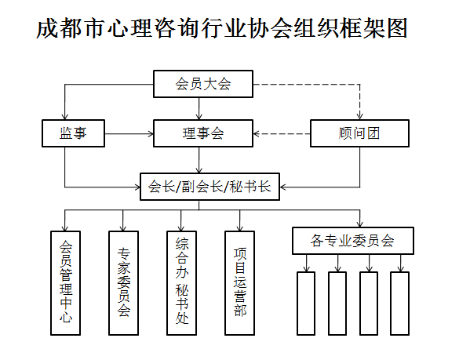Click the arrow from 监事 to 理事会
(x=129, y=134)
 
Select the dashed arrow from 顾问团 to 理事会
(x=282, y=134)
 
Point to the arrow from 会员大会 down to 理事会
(x=199, y=108)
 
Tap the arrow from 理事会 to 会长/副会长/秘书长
(x=199, y=160)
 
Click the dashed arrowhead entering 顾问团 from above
(x=360, y=116)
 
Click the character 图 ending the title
(x=398, y=28)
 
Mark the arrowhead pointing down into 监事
(x=64, y=116)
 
